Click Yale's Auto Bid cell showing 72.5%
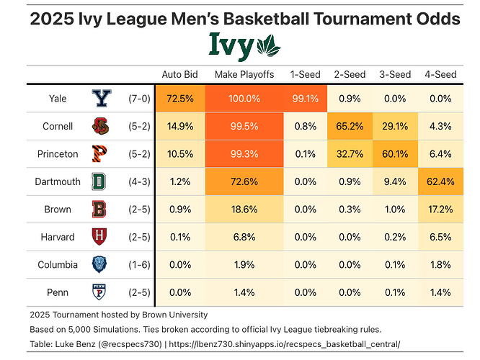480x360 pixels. (x=179, y=99)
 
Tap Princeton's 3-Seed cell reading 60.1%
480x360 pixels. (x=394, y=154)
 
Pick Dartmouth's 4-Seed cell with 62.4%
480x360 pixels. (x=440, y=181)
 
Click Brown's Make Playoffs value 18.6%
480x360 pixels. (x=244, y=210)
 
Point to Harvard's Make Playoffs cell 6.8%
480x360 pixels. (x=244, y=237)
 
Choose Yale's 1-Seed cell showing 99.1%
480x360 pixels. (x=304, y=99)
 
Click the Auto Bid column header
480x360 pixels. (x=179, y=74)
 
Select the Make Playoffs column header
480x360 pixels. (x=244, y=74)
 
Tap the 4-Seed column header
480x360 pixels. (x=440, y=74)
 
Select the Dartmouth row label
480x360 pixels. (x=58, y=181)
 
